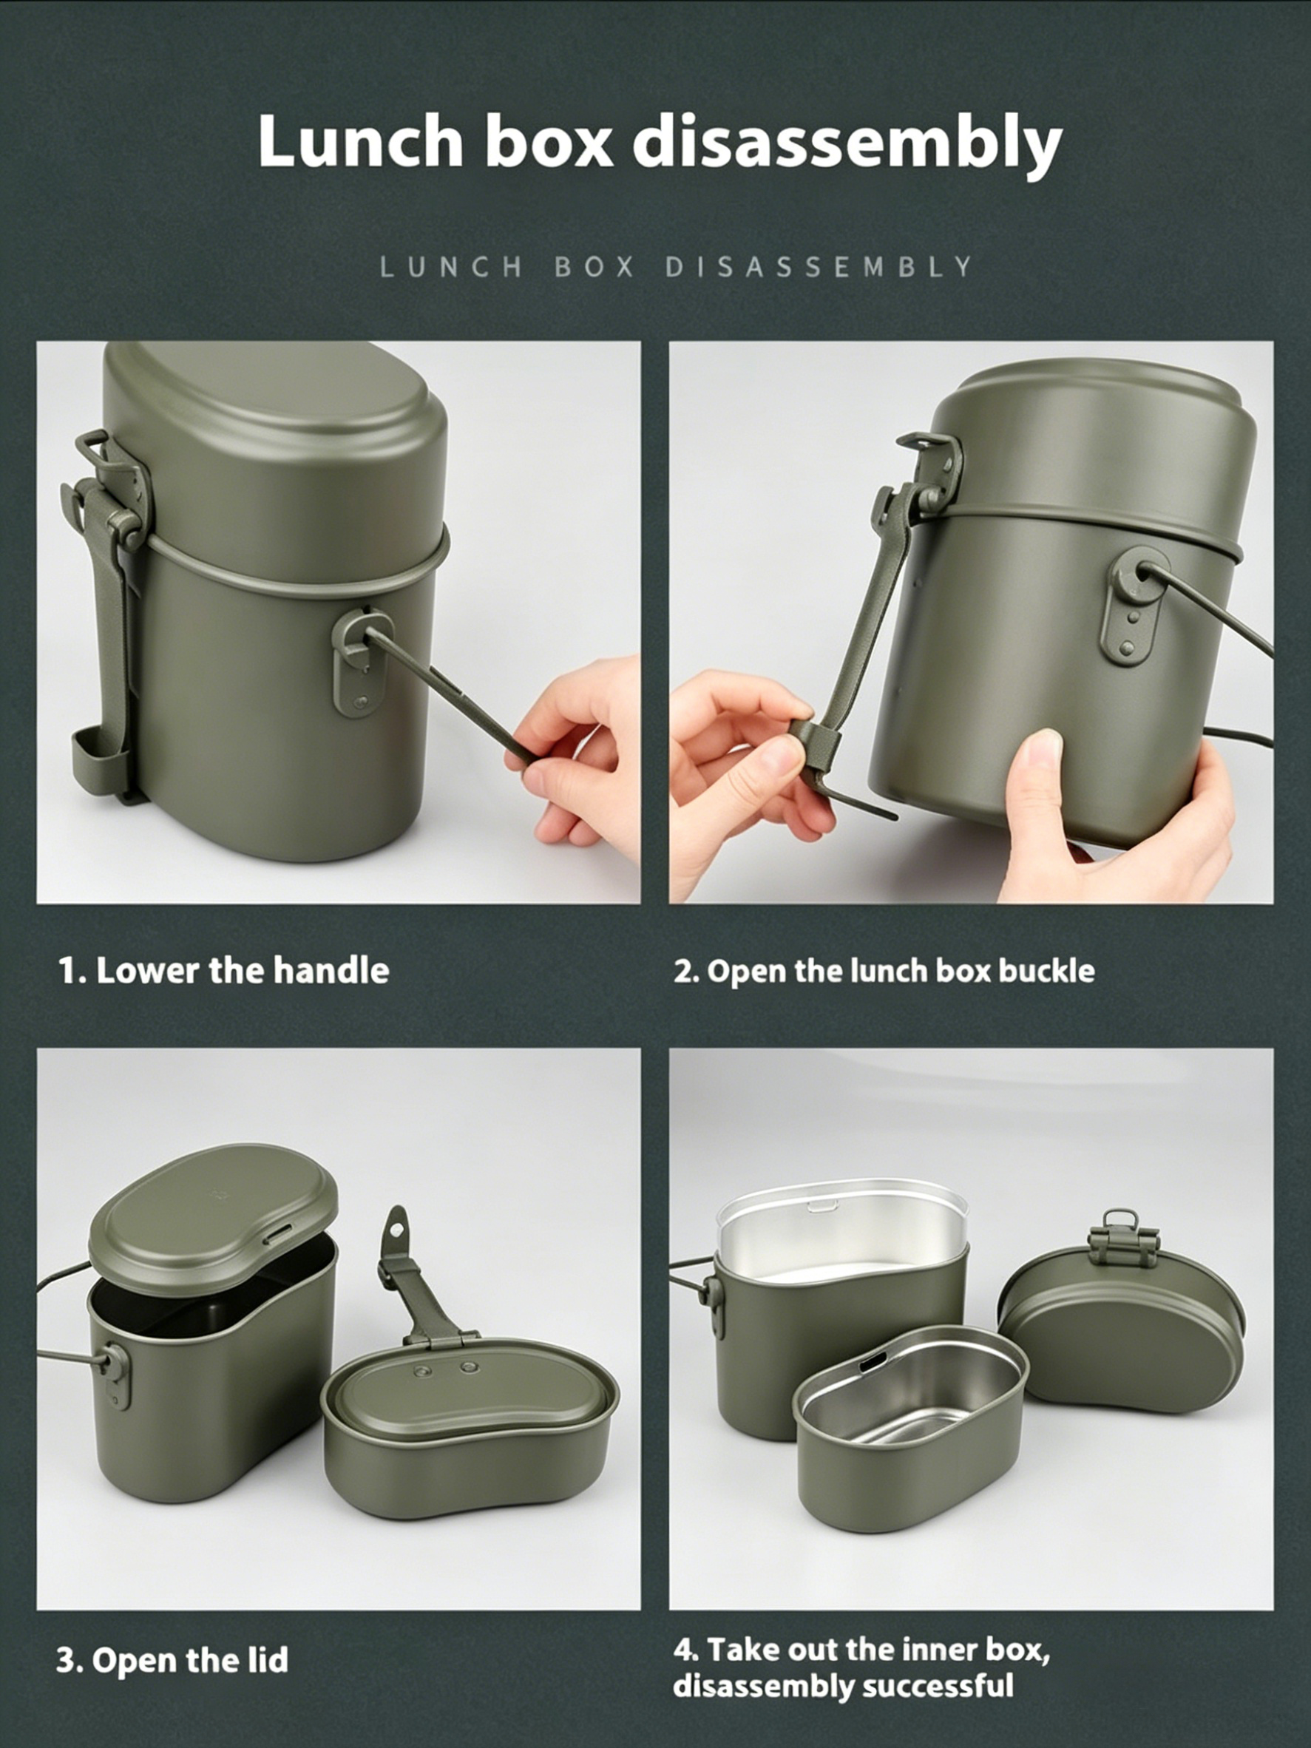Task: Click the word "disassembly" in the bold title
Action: pyautogui.click(x=847, y=141)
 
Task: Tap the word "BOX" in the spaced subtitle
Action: pyautogui.click(x=594, y=267)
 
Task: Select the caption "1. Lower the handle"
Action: pyautogui.click(x=223, y=971)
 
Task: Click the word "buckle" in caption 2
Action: pyautogui.click(x=1046, y=970)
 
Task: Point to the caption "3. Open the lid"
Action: pyautogui.click(x=172, y=1660)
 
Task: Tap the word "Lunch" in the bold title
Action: pyautogui.click(x=359, y=141)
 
